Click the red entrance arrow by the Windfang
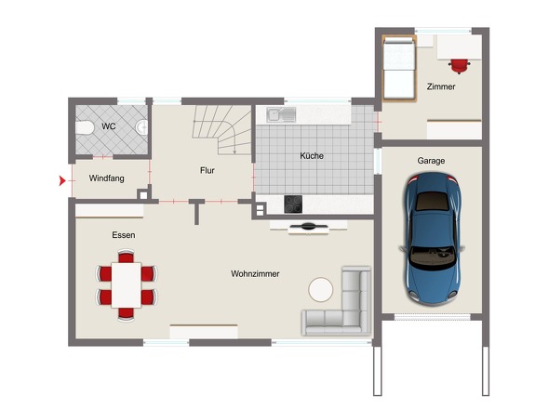[62, 181]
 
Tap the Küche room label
[312, 155]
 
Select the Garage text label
[431, 161]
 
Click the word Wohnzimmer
[255, 273]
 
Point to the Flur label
[208, 170]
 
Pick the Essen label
[124, 235]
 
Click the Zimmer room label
[441, 86]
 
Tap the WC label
[109, 126]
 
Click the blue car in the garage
[432, 239]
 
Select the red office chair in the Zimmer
[460, 66]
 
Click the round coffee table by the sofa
[321, 289]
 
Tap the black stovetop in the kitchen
[293, 204]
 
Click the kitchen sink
[281, 114]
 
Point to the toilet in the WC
[85, 127]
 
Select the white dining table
[126, 285]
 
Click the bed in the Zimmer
[399, 69]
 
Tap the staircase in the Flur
[221, 129]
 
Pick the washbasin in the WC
[142, 127]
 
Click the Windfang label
[106, 178]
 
